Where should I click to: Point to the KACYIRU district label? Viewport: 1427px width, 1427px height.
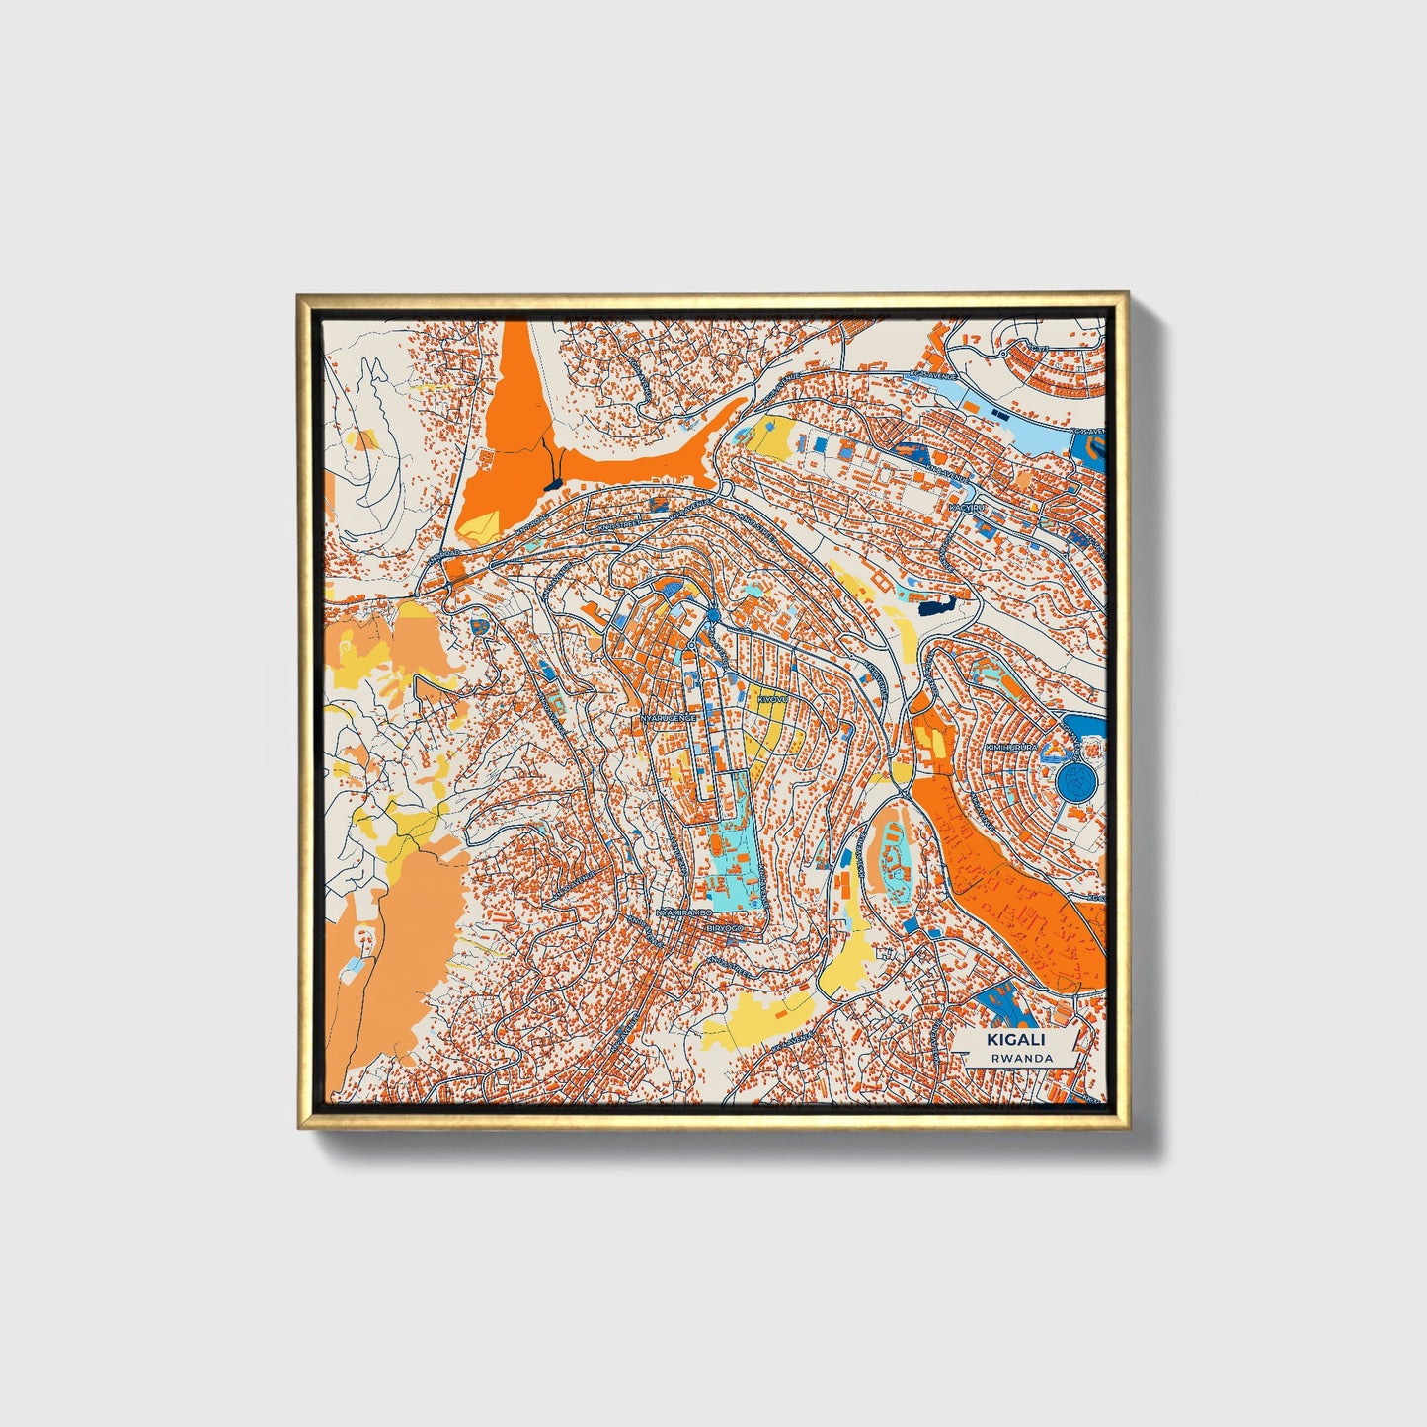(x=967, y=507)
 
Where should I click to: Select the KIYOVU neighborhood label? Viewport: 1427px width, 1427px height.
(x=769, y=699)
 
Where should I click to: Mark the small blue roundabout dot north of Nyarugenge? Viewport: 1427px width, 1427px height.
(x=713, y=617)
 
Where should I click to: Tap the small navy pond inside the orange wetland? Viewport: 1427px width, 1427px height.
(x=554, y=481)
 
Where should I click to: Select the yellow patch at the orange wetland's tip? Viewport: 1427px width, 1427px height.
(x=481, y=523)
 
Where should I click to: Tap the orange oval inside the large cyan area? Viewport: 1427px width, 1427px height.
(x=713, y=846)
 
